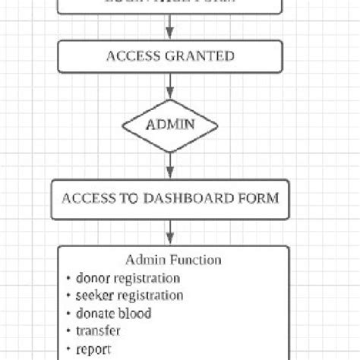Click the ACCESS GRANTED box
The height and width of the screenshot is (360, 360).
click(x=170, y=56)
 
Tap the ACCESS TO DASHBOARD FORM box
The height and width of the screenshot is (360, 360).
click(x=170, y=198)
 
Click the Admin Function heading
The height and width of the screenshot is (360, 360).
click(x=174, y=260)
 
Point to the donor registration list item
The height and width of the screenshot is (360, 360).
click(x=128, y=277)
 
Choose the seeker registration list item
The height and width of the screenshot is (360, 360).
click(x=129, y=295)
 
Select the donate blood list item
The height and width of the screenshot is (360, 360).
click(x=113, y=312)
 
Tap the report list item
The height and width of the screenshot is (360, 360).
click(x=93, y=348)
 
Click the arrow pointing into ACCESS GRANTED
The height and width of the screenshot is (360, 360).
click(x=170, y=30)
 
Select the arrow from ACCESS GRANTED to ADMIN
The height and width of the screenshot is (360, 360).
click(x=170, y=87)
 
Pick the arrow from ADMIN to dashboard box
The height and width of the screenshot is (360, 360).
click(x=170, y=163)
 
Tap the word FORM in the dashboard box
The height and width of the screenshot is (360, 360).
click(x=259, y=198)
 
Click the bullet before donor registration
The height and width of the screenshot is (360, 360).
click(x=68, y=278)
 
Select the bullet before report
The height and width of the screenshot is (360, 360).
click(x=68, y=349)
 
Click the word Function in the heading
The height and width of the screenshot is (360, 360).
click(x=197, y=260)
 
